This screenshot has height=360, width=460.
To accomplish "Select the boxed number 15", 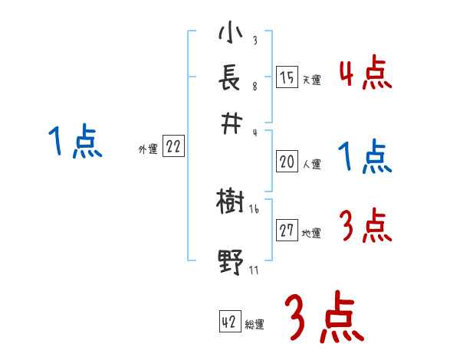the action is [x=287, y=78].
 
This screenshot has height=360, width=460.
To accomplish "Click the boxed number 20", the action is [x=287, y=162].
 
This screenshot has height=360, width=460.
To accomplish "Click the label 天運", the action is [x=311, y=80].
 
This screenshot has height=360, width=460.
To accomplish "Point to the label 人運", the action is [x=311, y=164].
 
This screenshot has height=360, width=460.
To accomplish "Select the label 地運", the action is [x=311, y=233].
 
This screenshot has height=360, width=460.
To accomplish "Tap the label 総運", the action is [x=255, y=324].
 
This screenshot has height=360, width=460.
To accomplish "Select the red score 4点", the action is [x=365, y=74].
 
